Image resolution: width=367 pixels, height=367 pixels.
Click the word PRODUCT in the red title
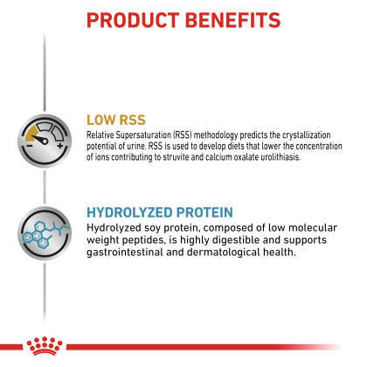click(x=133, y=20)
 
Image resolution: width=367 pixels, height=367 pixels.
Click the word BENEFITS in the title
click(x=232, y=20)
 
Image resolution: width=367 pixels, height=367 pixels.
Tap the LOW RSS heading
click(x=116, y=120)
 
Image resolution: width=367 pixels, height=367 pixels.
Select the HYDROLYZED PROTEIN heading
click(x=160, y=212)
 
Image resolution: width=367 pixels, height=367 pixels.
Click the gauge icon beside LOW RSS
click(x=45, y=141)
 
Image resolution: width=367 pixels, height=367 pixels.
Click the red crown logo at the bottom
click(x=45, y=346)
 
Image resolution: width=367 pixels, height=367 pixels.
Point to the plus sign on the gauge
click(x=60, y=145)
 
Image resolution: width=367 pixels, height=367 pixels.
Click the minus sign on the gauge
click(x=30, y=146)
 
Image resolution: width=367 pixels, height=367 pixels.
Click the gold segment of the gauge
click(x=31, y=132)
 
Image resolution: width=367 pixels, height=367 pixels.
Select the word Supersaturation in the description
click(x=143, y=135)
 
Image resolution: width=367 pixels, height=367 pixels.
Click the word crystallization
click(x=307, y=135)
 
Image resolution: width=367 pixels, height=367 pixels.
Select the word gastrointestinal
click(x=125, y=252)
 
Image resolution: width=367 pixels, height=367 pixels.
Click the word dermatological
click(x=223, y=253)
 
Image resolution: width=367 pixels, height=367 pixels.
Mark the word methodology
click(x=216, y=135)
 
